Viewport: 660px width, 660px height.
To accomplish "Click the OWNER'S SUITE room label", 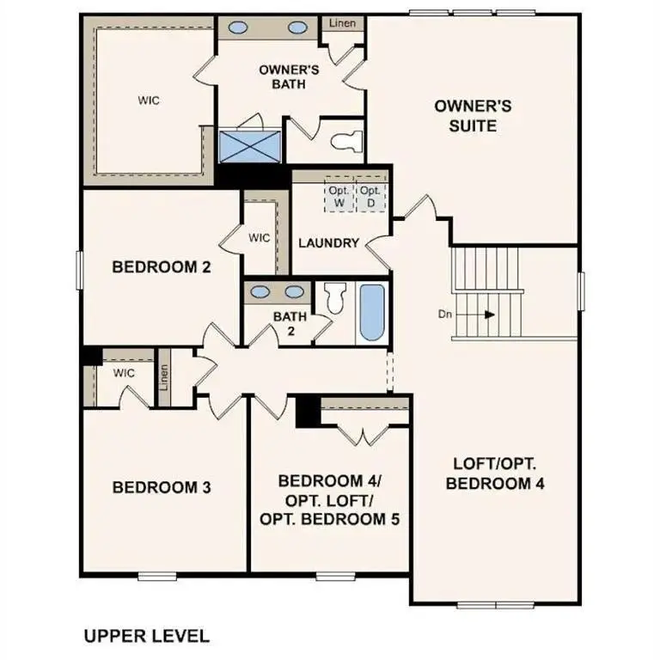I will click(x=473, y=116).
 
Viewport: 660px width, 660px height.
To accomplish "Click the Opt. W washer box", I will click(x=338, y=196).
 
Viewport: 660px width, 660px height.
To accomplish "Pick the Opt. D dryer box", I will click(x=370, y=196).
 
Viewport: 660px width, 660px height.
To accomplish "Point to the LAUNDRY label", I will click(x=328, y=243).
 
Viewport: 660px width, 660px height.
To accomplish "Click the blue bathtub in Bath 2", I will click(x=371, y=313).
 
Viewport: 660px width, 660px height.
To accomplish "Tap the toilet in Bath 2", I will click(x=335, y=298).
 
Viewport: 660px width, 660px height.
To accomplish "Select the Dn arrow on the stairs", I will click(x=488, y=315).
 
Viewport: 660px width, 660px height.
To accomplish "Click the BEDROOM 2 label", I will click(x=162, y=267).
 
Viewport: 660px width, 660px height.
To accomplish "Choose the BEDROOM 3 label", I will click(x=162, y=488).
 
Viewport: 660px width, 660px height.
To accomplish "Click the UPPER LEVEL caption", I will click(x=146, y=637).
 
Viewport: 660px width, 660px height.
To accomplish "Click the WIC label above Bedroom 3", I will click(x=125, y=373).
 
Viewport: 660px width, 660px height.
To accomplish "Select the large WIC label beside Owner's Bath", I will click(x=149, y=101).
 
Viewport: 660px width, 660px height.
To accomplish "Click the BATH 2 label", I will click(x=290, y=323).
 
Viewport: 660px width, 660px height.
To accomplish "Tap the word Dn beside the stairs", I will click(x=445, y=315).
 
